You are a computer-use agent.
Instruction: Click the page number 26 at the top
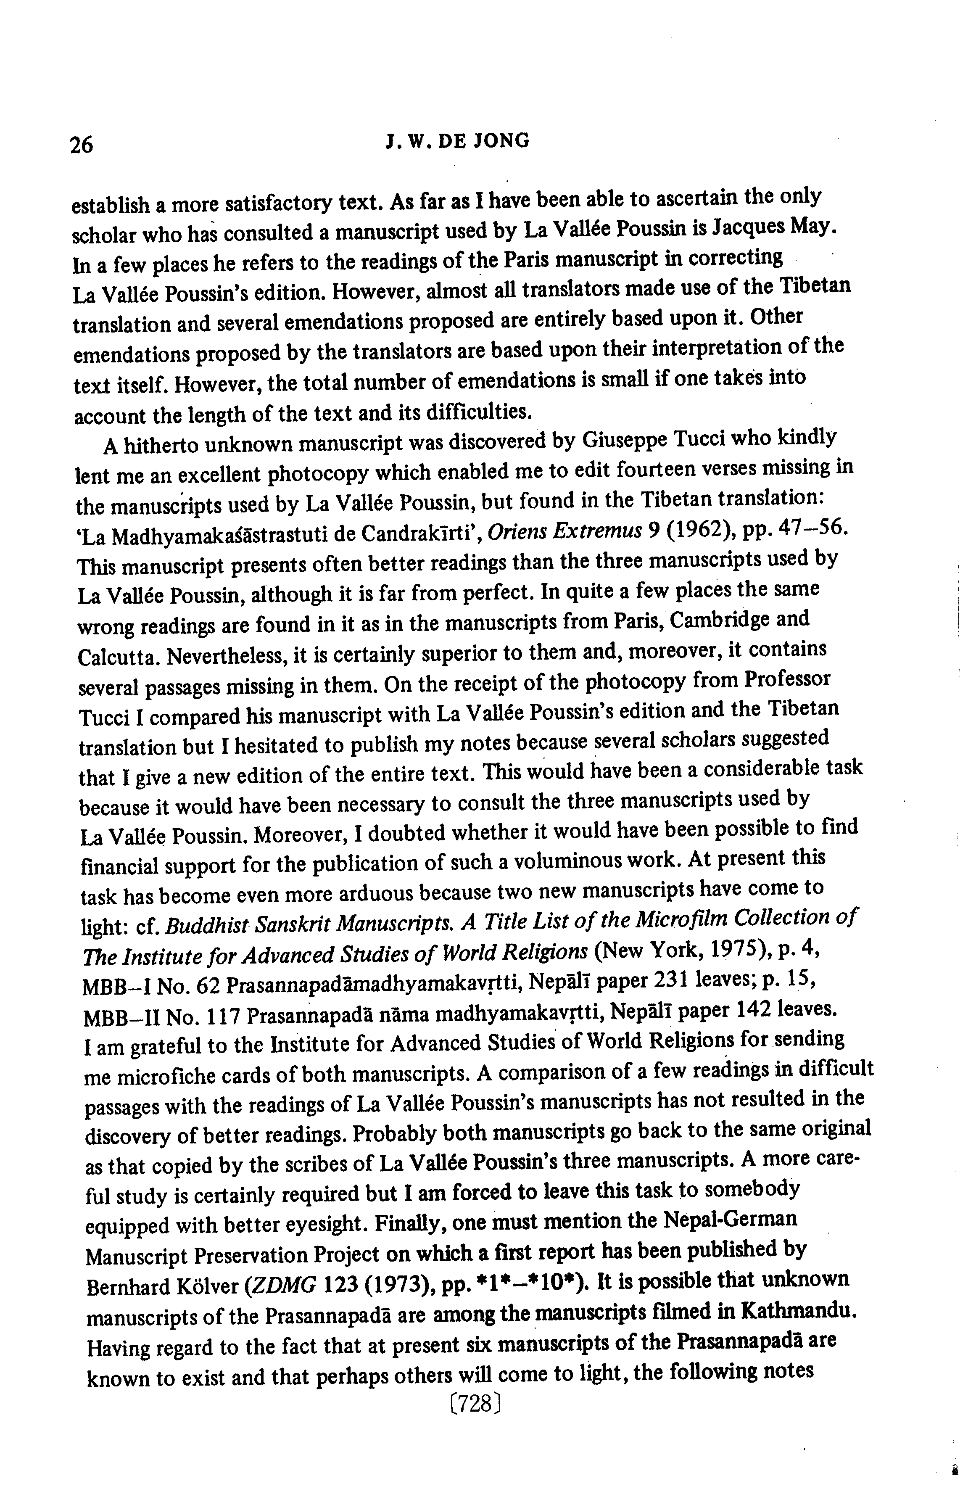coord(82,145)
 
